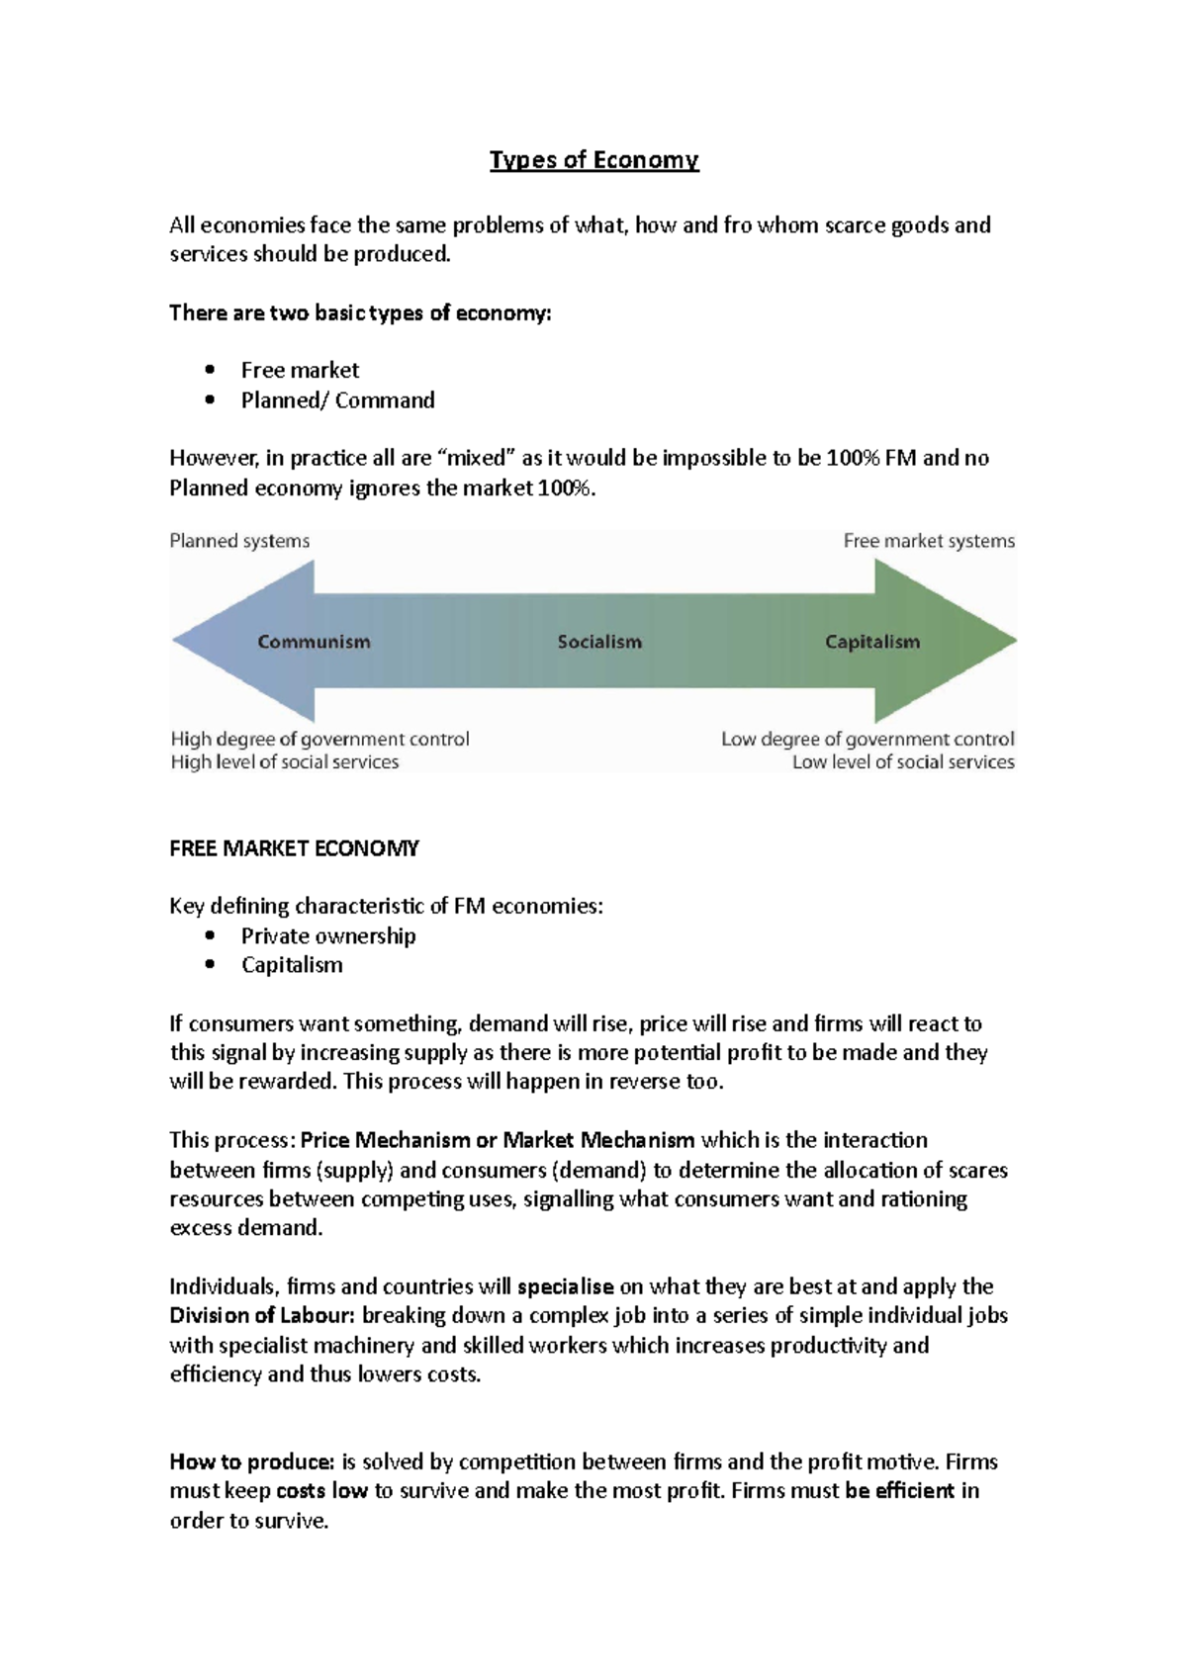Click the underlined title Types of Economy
pos(593,160)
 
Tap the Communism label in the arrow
pos(314,642)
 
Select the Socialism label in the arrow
pos(599,642)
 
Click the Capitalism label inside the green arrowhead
pos(872,642)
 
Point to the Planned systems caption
pos(239,541)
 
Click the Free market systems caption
pos(929,541)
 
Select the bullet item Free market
pos(300,370)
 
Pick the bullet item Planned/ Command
pos(337,400)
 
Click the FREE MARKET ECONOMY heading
pos(294,848)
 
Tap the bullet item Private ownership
pos(328,935)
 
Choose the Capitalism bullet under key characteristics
pos(292,965)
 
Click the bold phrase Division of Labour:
pos(262,1315)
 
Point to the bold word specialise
pos(566,1286)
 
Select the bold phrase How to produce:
pos(252,1461)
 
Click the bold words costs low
pos(321,1491)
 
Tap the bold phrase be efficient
pos(900,1491)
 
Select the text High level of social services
pos(285,762)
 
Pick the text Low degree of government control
pos(867,740)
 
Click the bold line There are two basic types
pos(360,313)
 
